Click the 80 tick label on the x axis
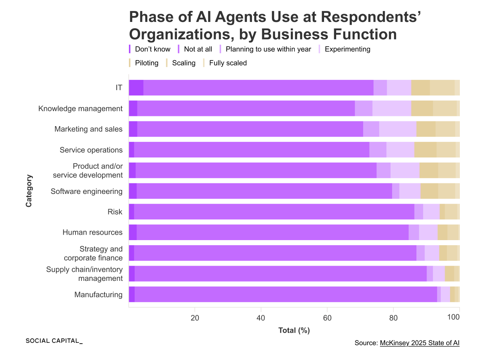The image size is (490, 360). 393,318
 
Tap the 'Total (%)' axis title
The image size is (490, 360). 294,330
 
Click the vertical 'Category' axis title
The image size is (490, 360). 29,191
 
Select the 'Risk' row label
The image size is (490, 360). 115,212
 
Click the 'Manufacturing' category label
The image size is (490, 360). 99,295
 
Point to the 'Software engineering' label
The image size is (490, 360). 86,191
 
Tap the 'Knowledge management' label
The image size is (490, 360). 80,109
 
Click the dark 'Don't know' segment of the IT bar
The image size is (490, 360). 136,88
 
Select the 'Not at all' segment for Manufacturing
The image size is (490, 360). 286,294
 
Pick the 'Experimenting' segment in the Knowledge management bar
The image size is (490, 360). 392,109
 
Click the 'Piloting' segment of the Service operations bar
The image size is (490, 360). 425,150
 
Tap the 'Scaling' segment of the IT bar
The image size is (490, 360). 442,88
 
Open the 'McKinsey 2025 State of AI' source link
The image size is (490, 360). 420,343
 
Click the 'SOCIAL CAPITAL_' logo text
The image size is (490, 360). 54,341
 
